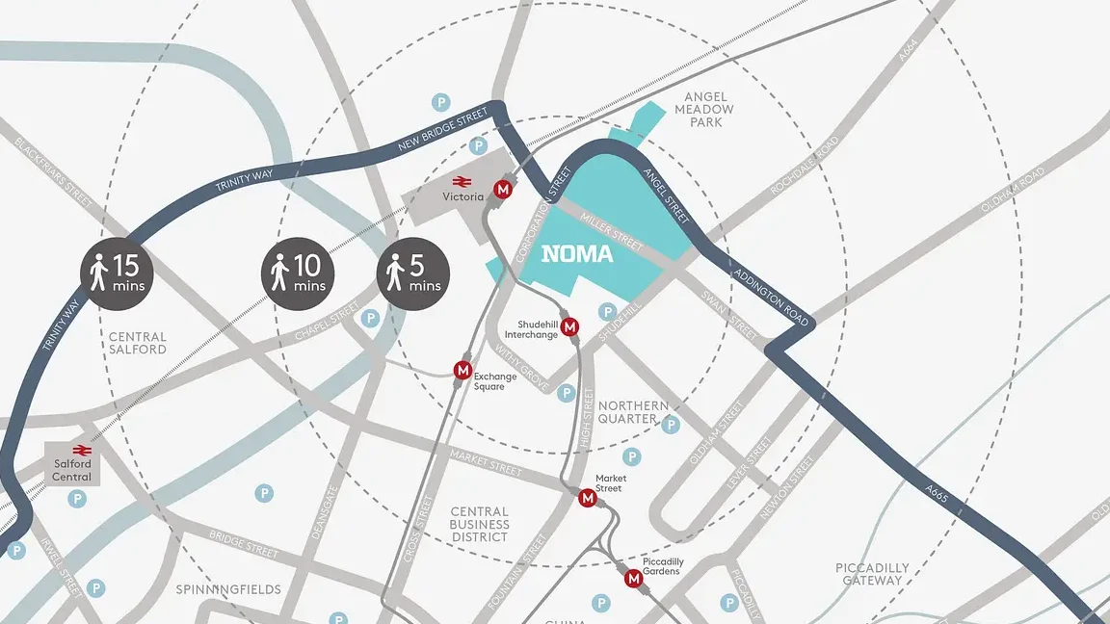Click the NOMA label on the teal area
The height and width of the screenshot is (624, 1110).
pyautogui.click(x=577, y=254)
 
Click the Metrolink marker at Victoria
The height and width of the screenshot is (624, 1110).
pyautogui.click(x=502, y=190)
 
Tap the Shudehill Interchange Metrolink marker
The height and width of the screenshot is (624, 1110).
pyautogui.click(x=569, y=327)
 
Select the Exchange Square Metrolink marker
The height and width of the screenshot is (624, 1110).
pyautogui.click(x=463, y=370)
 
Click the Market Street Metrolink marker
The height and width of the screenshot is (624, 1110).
pyautogui.click(x=587, y=498)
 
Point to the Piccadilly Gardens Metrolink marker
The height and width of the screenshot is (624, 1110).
pyautogui.click(x=633, y=579)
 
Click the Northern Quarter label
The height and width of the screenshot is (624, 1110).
pyautogui.click(x=632, y=412)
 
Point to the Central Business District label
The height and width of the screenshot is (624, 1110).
pyautogui.click(x=479, y=524)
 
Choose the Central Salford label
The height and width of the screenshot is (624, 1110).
pyautogui.click(x=138, y=343)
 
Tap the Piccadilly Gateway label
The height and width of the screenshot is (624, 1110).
pyautogui.click(x=871, y=574)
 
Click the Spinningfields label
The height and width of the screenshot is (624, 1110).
pyautogui.click(x=228, y=589)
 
